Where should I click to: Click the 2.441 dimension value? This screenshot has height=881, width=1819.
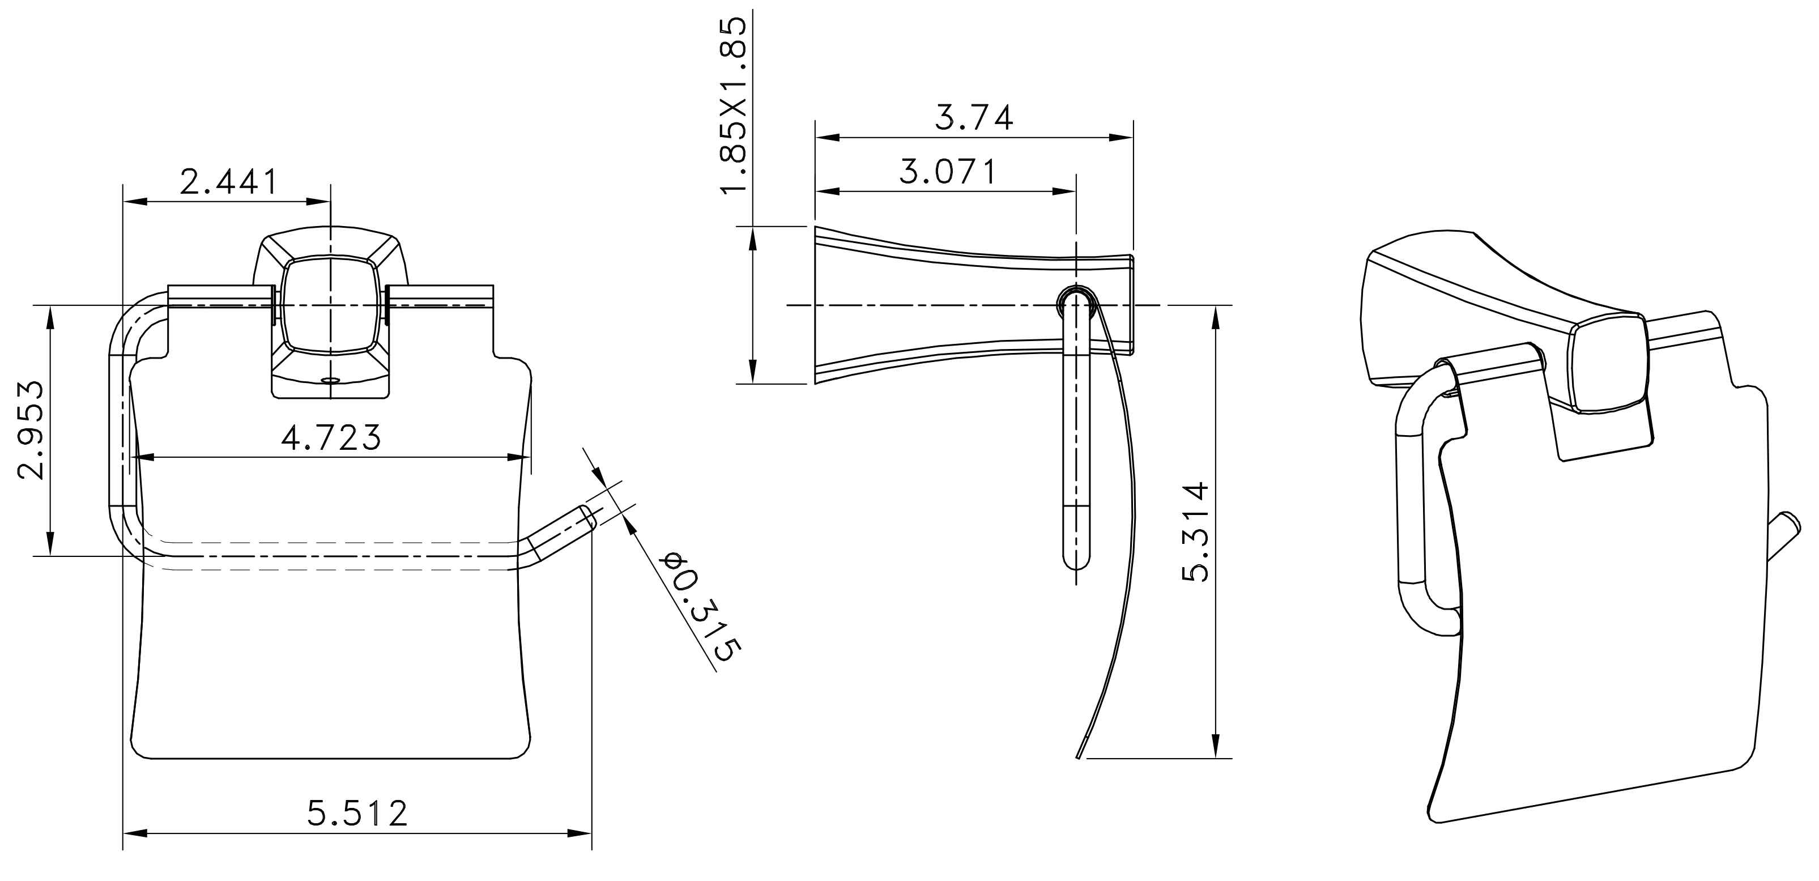coord(228,182)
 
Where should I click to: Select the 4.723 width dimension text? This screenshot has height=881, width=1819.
coord(331,438)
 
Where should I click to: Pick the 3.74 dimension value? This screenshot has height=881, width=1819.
coord(974,117)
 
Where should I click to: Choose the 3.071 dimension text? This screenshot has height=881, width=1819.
coord(948,172)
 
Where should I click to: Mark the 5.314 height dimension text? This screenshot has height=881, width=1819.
coord(1195,531)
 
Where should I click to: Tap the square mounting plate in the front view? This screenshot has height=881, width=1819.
coord(330,305)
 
